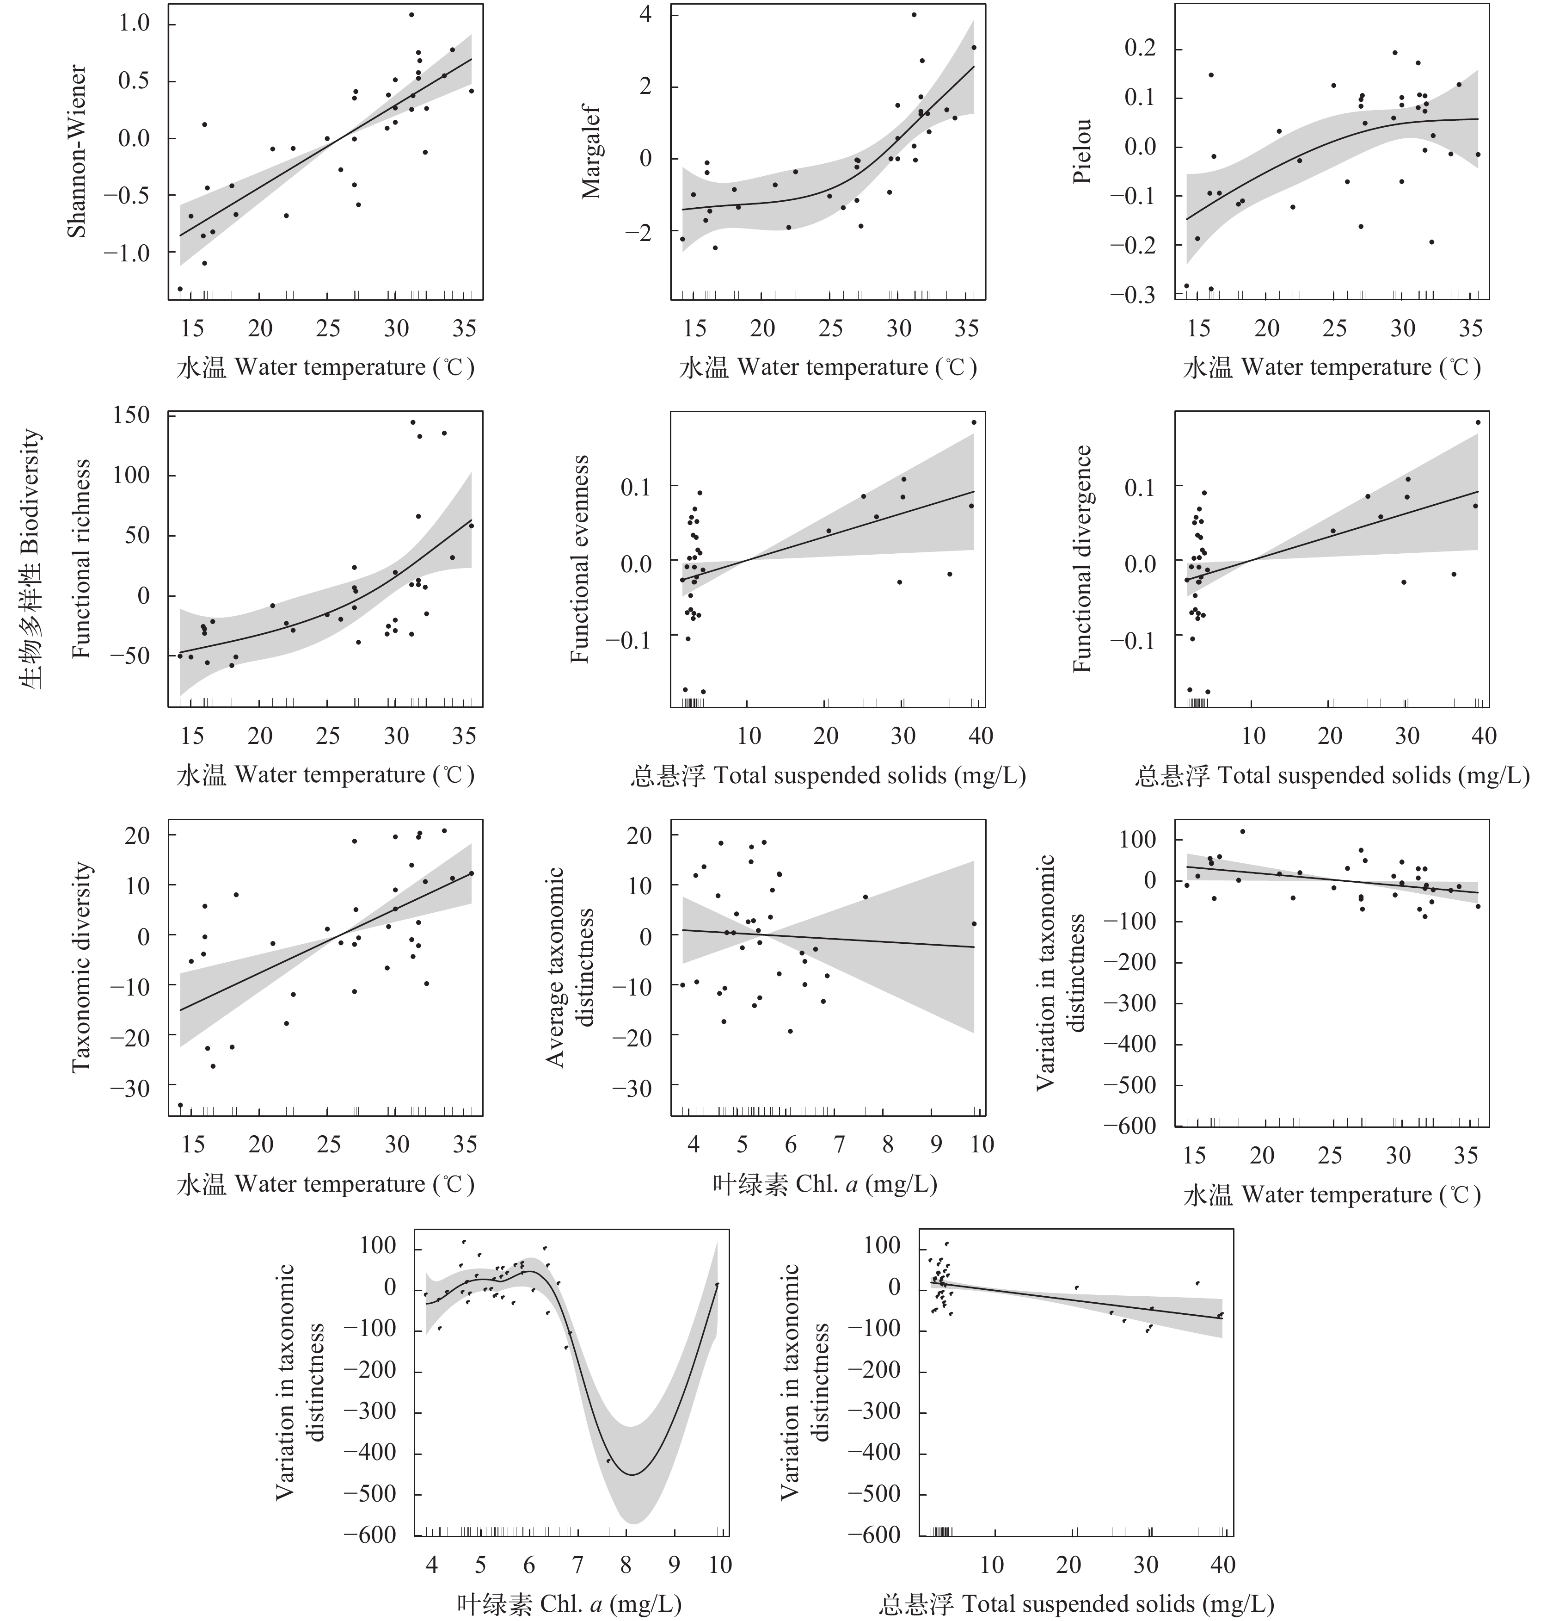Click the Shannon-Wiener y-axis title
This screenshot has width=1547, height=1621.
77,153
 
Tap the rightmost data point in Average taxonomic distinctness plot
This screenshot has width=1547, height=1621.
974,924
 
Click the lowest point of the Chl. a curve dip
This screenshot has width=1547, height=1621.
632,1474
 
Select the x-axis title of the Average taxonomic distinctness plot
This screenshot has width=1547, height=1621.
825,1185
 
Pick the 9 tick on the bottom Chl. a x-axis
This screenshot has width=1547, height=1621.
675,1563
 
